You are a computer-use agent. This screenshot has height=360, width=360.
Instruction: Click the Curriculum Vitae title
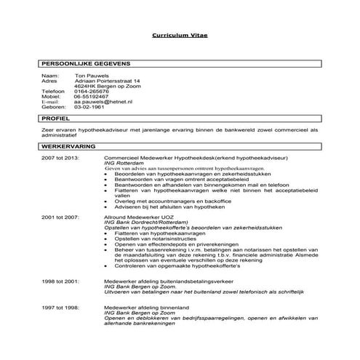(180, 34)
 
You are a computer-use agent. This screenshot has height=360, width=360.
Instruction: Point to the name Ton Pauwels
(90, 75)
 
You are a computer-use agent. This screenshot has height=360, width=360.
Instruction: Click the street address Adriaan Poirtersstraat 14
(107, 81)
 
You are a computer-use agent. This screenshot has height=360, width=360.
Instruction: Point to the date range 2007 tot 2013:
(59, 157)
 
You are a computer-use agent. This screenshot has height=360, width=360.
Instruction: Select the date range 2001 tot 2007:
(59, 217)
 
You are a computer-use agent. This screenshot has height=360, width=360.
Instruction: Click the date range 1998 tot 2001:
(59, 280)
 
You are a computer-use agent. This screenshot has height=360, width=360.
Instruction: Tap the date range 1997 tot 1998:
(59, 308)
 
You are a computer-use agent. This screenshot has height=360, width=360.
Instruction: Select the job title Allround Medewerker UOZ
(140, 217)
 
